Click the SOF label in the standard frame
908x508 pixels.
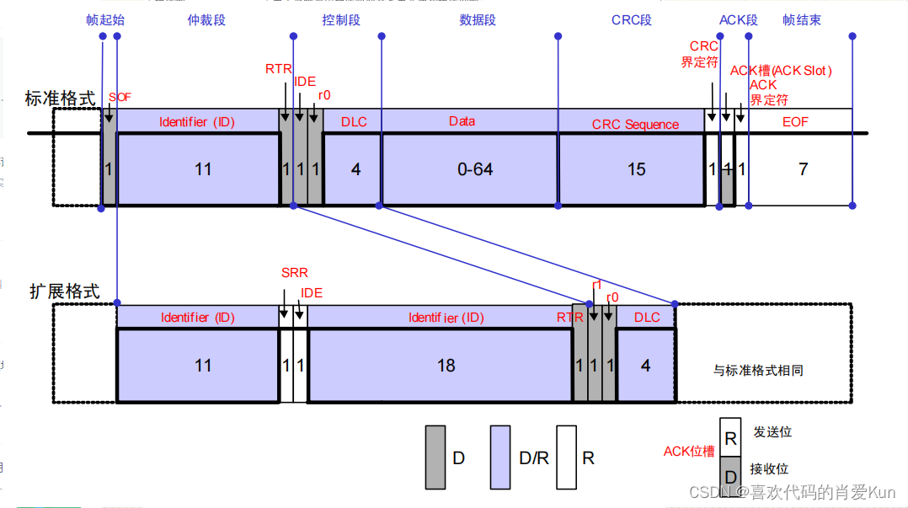tap(120, 98)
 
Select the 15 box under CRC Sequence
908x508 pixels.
tap(632, 169)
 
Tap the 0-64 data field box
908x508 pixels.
tap(471, 169)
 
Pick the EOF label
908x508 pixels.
tap(795, 122)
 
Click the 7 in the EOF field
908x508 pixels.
tap(803, 169)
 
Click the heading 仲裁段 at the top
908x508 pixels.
tap(206, 19)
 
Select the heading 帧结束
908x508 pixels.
tap(801, 19)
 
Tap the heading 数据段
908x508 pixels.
tap(478, 19)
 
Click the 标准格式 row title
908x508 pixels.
tap(60, 98)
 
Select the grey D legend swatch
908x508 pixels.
tap(435, 457)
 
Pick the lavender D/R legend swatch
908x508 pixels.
tap(501, 457)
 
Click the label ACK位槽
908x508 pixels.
tap(689, 452)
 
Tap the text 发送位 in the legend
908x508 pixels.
tap(772, 432)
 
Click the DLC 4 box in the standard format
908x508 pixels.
tap(353, 169)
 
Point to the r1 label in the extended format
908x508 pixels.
tap(597, 285)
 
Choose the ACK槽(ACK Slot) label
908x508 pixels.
tap(780, 70)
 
